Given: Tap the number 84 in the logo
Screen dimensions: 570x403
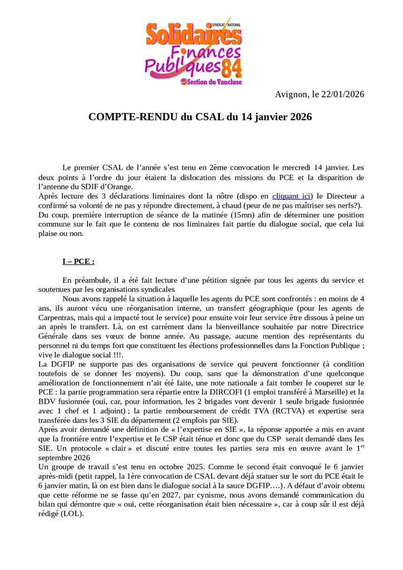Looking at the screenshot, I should pyautogui.click(x=232, y=69).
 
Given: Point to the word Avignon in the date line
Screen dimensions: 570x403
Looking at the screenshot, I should pyautogui.click(x=291, y=94).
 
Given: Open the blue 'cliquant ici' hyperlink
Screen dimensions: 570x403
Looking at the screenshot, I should pyautogui.click(x=291, y=196).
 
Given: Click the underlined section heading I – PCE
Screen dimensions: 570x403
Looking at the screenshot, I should pyautogui.click(x=78, y=261).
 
